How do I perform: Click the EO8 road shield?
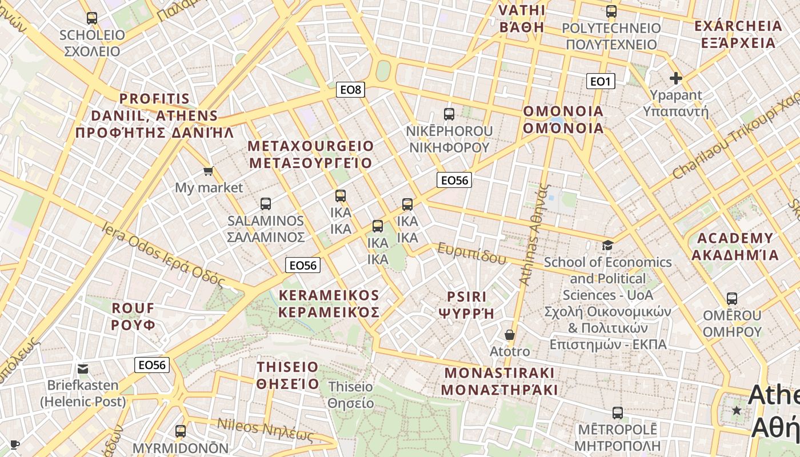[x=350, y=90]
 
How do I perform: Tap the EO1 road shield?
[x=600, y=82]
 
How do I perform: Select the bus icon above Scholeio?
[x=92, y=18]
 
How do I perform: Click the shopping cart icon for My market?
[x=209, y=171]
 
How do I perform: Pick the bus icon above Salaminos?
[x=266, y=204]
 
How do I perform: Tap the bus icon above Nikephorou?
[x=449, y=114]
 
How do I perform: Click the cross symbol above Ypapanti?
[x=676, y=78]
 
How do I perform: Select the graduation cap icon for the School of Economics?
[x=607, y=246]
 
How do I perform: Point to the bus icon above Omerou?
[x=732, y=299]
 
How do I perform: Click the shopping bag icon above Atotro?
[x=510, y=335]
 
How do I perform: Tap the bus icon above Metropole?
[x=618, y=413]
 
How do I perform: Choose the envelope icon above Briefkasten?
[x=83, y=369]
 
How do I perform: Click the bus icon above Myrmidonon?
[x=181, y=431]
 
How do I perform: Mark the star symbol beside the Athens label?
[x=737, y=411]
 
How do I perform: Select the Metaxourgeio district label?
[x=310, y=154]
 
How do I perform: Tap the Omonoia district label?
[x=563, y=119]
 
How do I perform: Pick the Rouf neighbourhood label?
[x=134, y=316]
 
